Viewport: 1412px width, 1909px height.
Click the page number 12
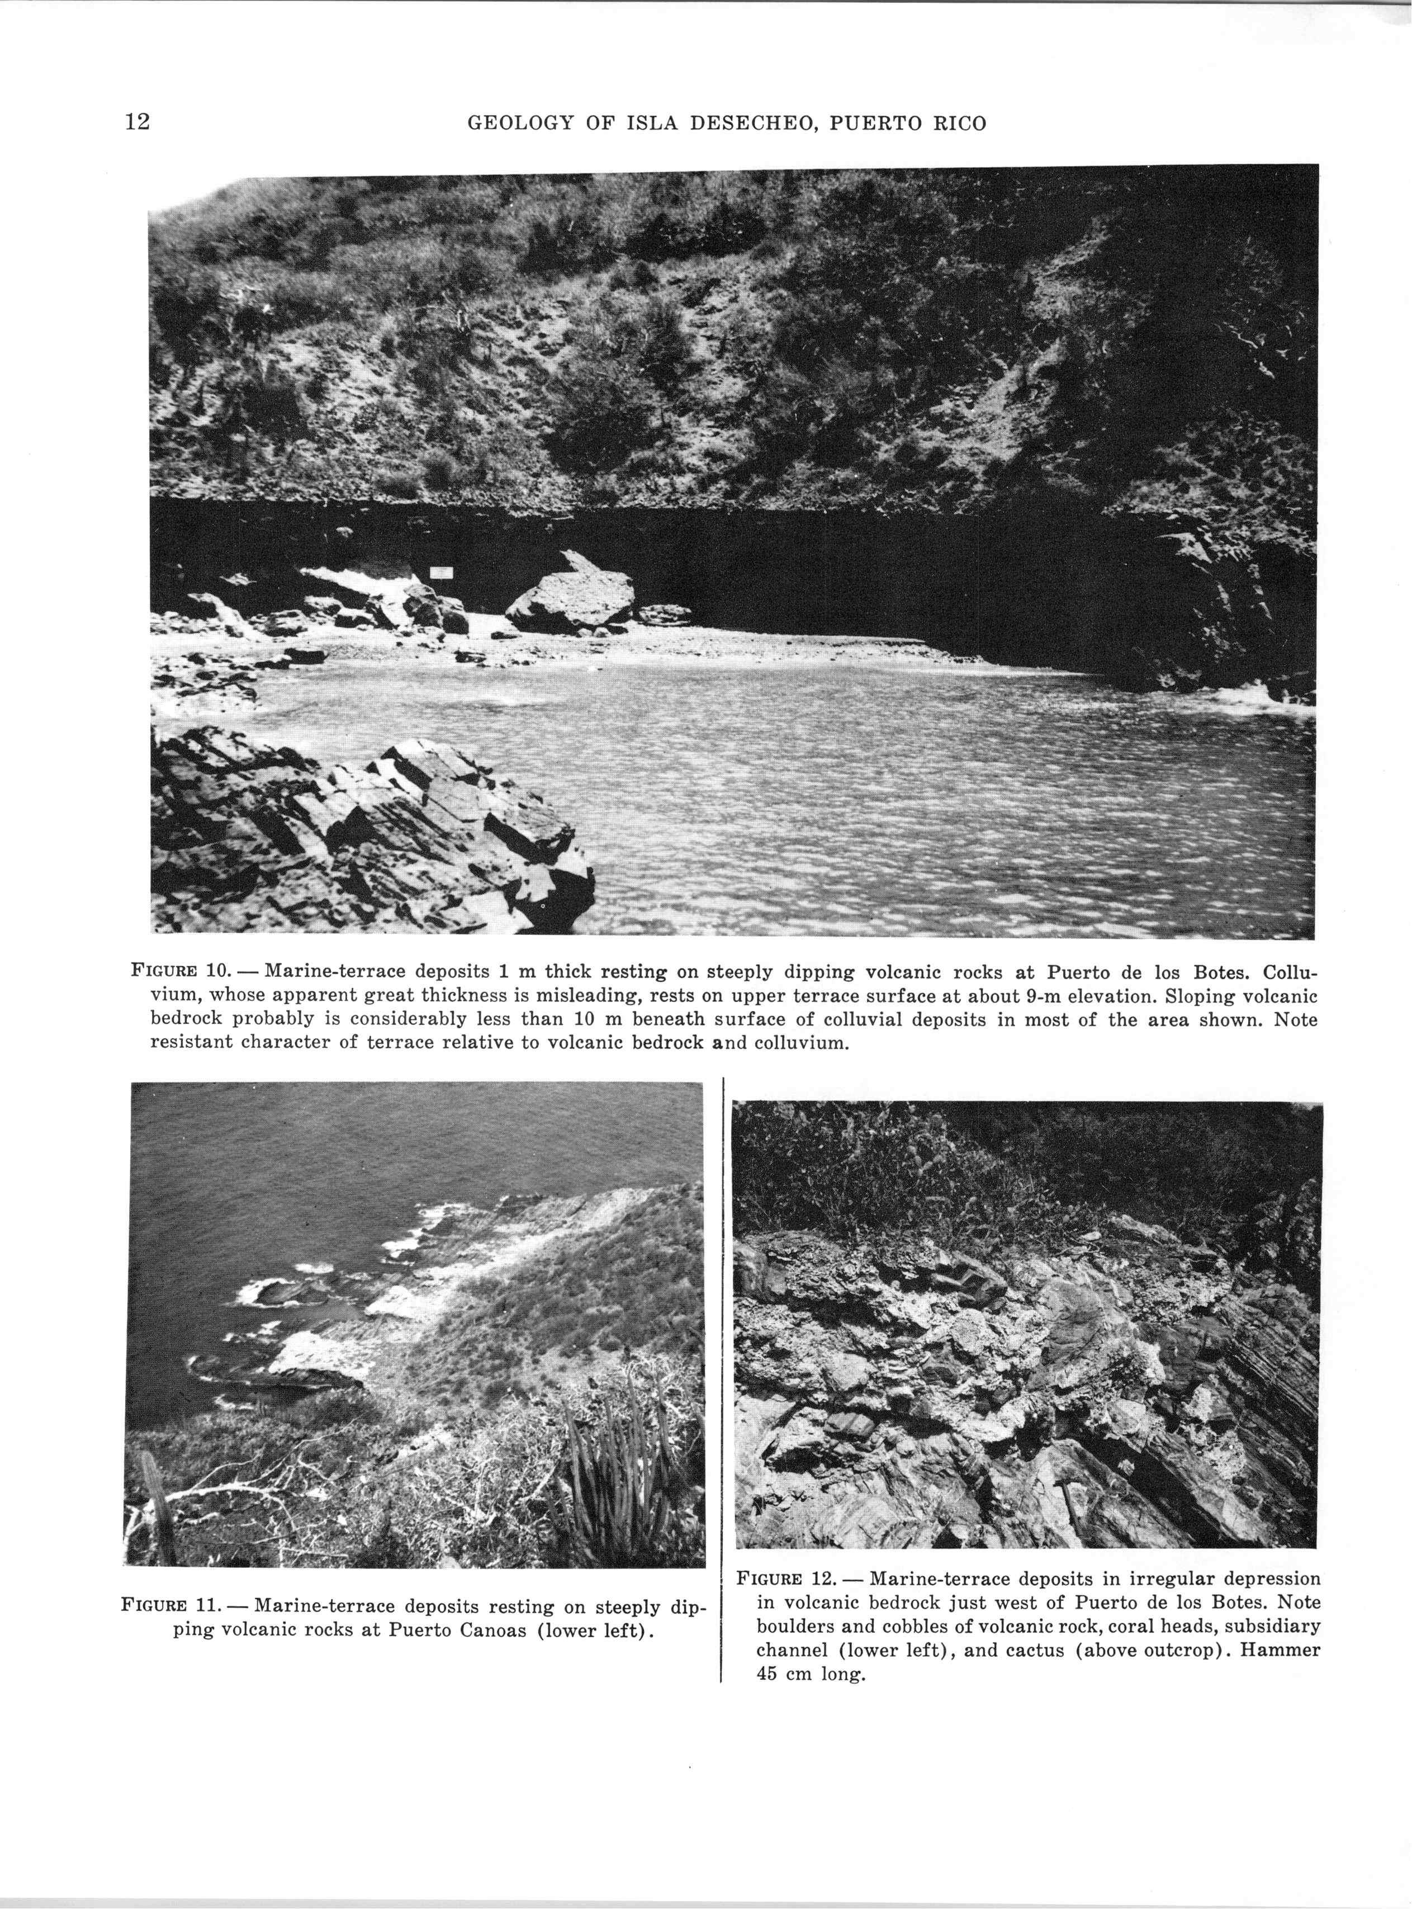(x=138, y=122)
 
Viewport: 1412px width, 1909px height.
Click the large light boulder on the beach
(x=571, y=601)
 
